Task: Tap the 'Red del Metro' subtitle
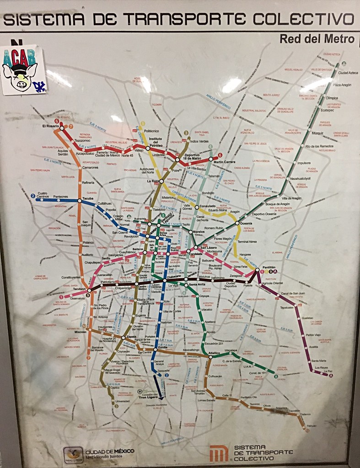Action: (x=317, y=39)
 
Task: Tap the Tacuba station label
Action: (x=88, y=199)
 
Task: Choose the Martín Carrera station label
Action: (x=224, y=162)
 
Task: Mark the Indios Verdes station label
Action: (x=199, y=141)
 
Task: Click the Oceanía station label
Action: (x=246, y=223)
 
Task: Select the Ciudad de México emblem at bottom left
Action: (x=73, y=454)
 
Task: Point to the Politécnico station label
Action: (x=151, y=131)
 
